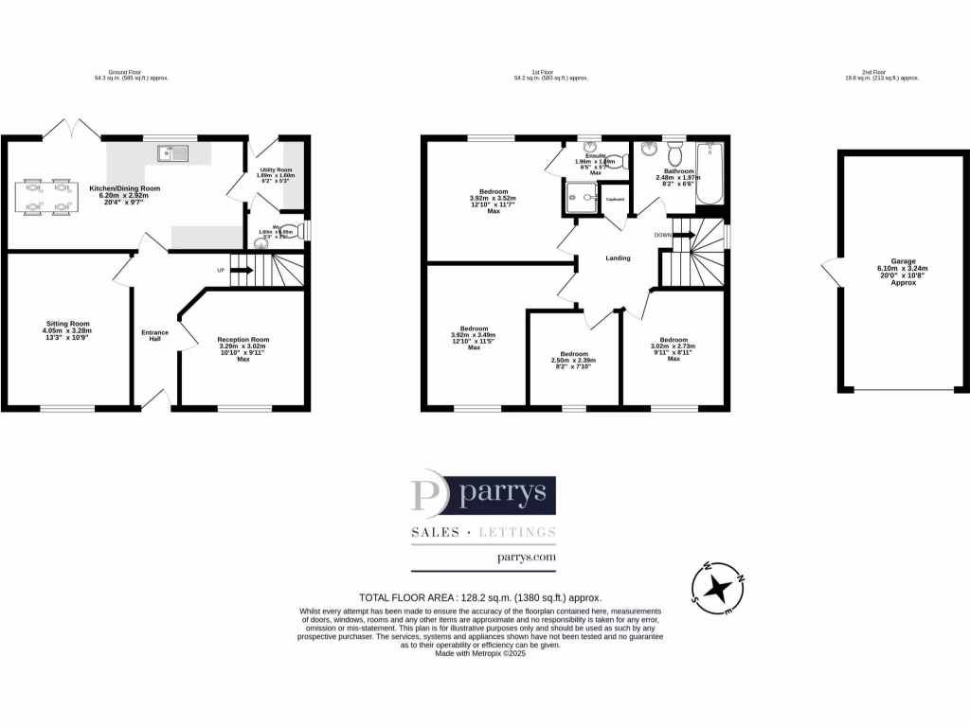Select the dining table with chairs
pyautogui.click(x=46, y=196)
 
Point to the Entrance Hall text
pyautogui.click(x=154, y=335)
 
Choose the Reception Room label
pyautogui.click(x=242, y=346)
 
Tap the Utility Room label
pyautogui.click(x=276, y=173)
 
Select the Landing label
pyautogui.click(x=619, y=257)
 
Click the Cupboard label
pyautogui.click(x=615, y=199)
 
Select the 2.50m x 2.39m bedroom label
pyautogui.click(x=573, y=360)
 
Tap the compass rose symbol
pyautogui.click(x=720, y=588)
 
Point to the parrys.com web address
pyautogui.click(x=526, y=559)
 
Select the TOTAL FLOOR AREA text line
pyautogui.click(x=480, y=598)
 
